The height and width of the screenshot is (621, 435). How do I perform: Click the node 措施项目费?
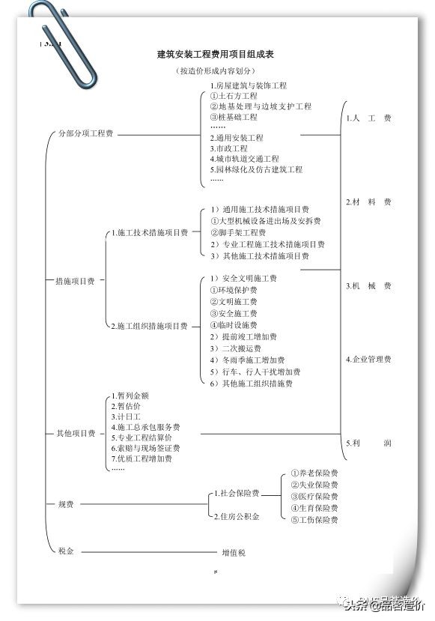[x=75, y=281]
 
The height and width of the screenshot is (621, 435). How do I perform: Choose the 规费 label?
[x=66, y=504]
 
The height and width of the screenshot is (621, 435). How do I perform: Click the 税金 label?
[x=66, y=551]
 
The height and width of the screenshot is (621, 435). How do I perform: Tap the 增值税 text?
[x=233, y=553]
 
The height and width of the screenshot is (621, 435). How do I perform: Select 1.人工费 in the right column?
[x=368, y=118]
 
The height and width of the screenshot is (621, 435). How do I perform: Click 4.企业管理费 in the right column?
[x=368, y=360]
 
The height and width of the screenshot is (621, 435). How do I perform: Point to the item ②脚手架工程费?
[x=237, y=232]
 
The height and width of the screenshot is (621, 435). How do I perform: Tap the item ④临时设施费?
[x=233, y=325]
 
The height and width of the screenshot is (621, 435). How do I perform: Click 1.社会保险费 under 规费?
[x=237, y=494]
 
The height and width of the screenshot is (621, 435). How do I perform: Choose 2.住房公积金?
[x=237, y=516]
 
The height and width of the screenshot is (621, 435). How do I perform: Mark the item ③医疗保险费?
[x=314, y=497]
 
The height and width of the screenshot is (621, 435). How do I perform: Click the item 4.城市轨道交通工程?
[x=244, y=159]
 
